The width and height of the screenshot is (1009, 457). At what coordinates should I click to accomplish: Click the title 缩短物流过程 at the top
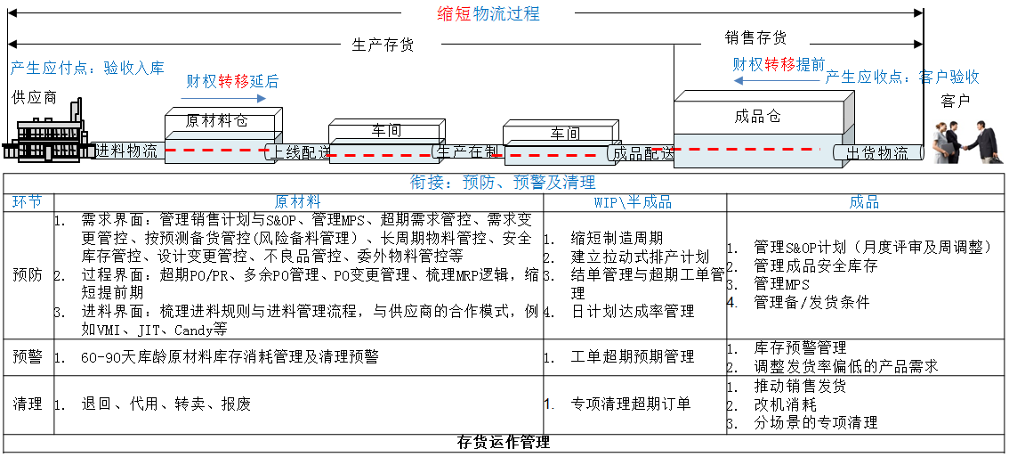click(488, 14)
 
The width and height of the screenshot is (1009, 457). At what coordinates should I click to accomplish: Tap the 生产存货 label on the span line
click(383, 45)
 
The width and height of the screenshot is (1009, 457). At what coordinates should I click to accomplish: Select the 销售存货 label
click(755, 38)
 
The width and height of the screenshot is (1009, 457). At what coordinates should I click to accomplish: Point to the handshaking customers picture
click(966, 142)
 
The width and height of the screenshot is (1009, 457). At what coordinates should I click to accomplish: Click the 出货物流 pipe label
click(877, 152)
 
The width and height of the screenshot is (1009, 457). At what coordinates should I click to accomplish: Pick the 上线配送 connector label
click(301, 151)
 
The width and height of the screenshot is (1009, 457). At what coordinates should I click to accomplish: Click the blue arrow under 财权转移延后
click(214, 97)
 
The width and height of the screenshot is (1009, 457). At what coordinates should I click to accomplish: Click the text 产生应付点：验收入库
click(87, 68)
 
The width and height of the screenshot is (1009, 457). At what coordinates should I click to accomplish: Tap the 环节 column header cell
click(28, 202)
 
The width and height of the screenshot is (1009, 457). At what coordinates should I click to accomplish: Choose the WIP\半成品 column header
click(633, 202)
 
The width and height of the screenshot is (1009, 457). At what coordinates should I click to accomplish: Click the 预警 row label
click(28, 356)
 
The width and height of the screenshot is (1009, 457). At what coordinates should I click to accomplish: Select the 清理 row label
click(28, 404)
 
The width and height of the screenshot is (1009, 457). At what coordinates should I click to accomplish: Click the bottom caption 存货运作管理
click(504, 443)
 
